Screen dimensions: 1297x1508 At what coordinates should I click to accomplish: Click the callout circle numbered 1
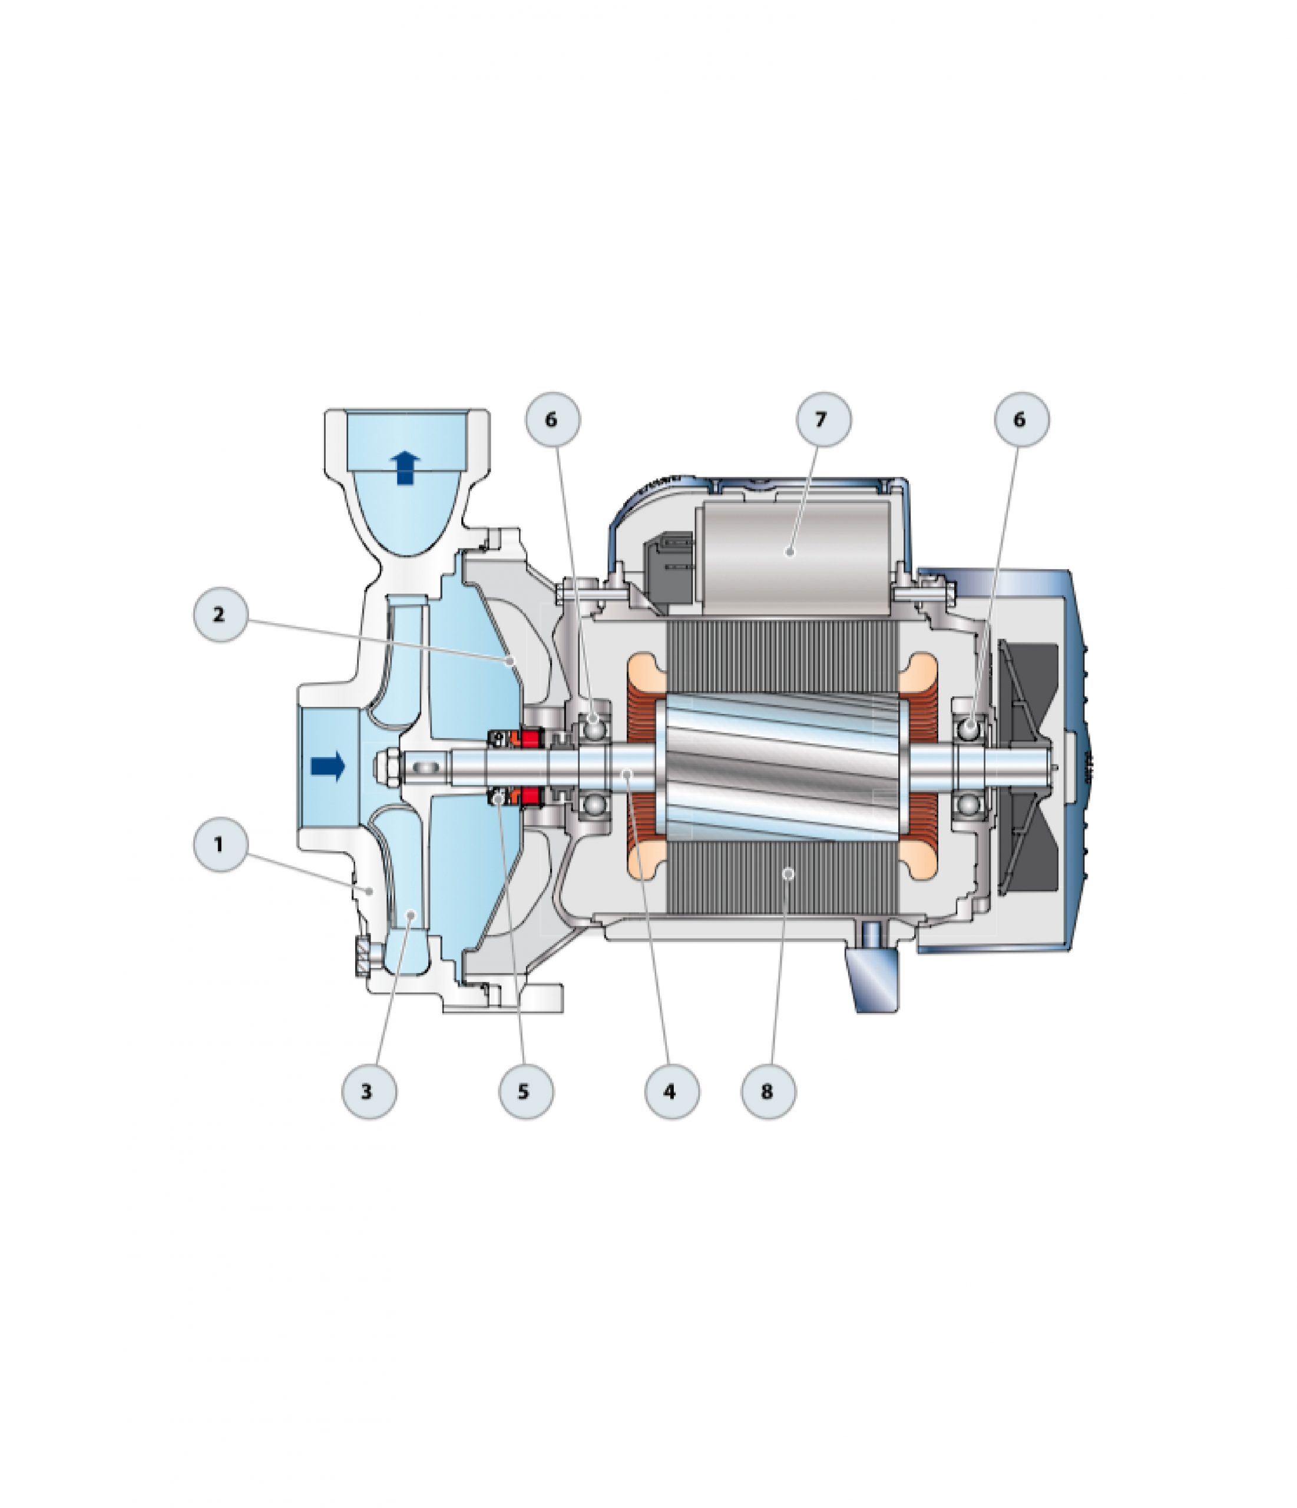point(220,844)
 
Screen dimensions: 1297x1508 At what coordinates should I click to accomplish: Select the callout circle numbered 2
point(220,614)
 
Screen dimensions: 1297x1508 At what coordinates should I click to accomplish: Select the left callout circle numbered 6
point(552,419)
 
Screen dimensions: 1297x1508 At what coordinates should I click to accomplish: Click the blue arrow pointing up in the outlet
point(405,467)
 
